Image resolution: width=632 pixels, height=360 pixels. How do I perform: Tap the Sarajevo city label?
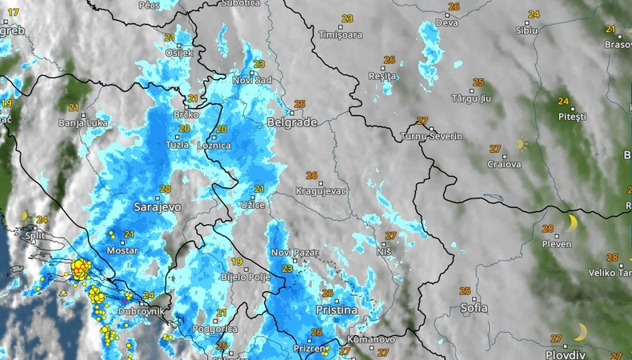[x=158, y=206]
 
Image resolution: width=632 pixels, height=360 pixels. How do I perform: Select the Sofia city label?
[x=474, y=307]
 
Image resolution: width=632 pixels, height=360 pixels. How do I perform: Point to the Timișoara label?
[x=341, y=35]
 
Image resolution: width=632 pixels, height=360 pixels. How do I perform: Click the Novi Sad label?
[x=252, y=80]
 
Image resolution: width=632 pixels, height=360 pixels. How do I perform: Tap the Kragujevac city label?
[x=321, y=192]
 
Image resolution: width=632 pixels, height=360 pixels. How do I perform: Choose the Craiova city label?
[x=504, y=165]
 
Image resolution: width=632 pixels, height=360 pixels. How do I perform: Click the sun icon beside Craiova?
[x=522, y=145]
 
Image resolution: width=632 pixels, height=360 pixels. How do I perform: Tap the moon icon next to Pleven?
[x=571, y=222]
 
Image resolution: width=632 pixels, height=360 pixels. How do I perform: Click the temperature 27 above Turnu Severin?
[x=422, y=121]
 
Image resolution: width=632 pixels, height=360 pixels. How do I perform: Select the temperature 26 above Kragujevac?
[x=311, y=176]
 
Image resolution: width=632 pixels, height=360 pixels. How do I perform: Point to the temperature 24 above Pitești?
[x=563, y=102]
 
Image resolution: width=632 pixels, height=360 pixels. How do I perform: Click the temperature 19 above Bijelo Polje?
[x=237, y=262]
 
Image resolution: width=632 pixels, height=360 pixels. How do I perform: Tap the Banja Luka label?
[x=78, y=123]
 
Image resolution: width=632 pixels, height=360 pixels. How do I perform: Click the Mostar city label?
[x=122, y=250]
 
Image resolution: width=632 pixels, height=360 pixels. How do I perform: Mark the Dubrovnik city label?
[x=140, y=311]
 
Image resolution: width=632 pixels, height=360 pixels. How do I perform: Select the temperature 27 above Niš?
[x=390, y=235]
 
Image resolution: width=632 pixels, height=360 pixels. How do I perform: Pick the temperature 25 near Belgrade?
[x=300, y=104]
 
